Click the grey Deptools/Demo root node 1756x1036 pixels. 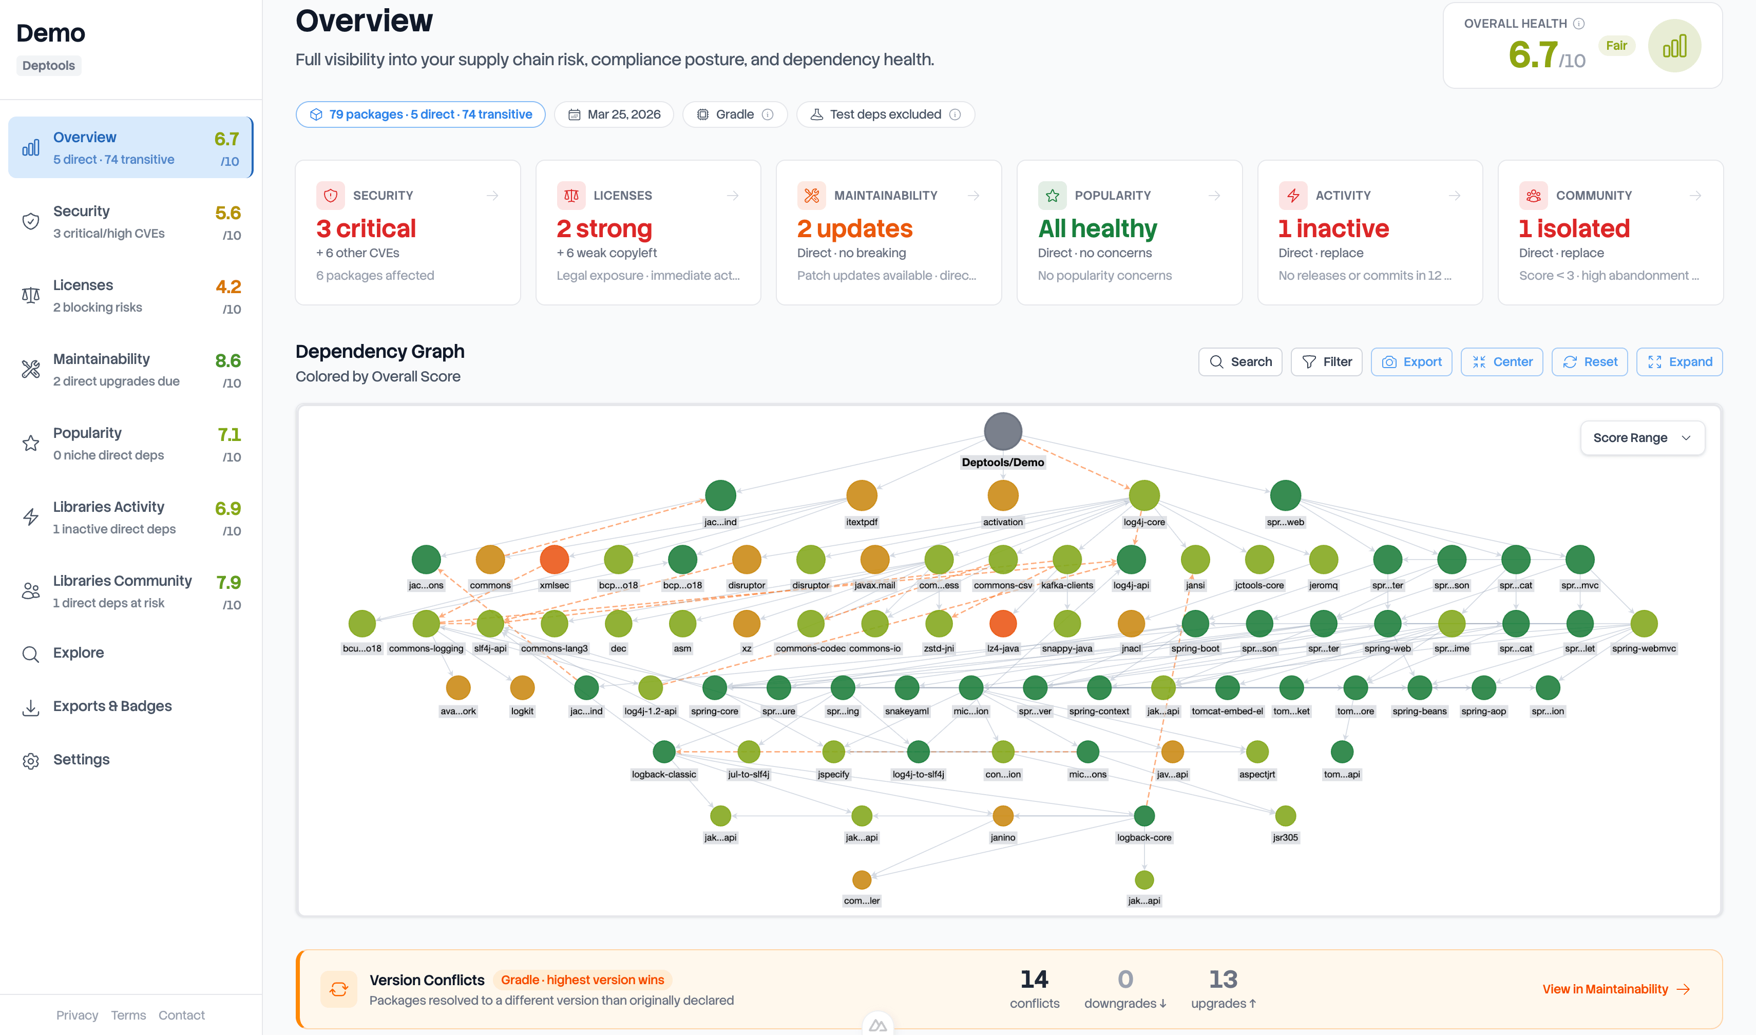pos(1003,431)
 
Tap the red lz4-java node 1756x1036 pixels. pos(1003,623)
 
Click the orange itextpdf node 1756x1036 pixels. pos(861,495)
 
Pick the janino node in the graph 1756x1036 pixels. pos(1003,815)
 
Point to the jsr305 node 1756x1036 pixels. pos(1285,815)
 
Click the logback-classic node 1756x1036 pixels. pos(663,752)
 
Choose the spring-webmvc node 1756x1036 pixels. pos(1644,623)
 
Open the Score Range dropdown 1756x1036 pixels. pos(1642,438)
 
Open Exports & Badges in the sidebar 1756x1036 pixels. pos(112,706)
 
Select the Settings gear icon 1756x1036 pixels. pos(31,760)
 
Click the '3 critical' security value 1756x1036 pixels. pos(366,228)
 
